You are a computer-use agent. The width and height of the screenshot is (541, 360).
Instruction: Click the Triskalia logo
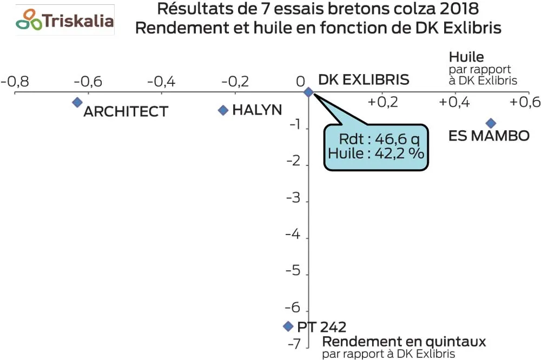(65, 20)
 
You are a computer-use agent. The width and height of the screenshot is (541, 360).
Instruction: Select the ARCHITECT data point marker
(77, 102)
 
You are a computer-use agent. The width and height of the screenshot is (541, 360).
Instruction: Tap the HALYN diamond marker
(222, 110)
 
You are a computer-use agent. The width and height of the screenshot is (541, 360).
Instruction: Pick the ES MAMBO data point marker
(491, 123)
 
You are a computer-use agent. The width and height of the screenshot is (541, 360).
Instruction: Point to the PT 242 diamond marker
(288, 326)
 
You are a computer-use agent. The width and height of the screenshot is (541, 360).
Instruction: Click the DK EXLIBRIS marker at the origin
(308, 92)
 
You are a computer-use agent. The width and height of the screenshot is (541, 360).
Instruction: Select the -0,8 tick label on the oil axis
(15, 82)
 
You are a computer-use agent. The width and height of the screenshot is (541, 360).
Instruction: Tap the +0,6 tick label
(526, 102)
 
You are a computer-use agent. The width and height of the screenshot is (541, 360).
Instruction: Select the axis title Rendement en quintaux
(404, 342)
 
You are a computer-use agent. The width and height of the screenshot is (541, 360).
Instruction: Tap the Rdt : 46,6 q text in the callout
(375, 140)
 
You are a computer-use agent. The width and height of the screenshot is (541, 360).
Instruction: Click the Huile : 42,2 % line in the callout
(375, 153)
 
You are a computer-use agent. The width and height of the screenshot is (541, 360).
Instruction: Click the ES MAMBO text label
(489, 136)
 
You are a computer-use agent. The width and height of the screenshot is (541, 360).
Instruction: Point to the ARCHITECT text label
(126, 111)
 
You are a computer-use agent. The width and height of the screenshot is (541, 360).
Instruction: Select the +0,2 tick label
(382, 102)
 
